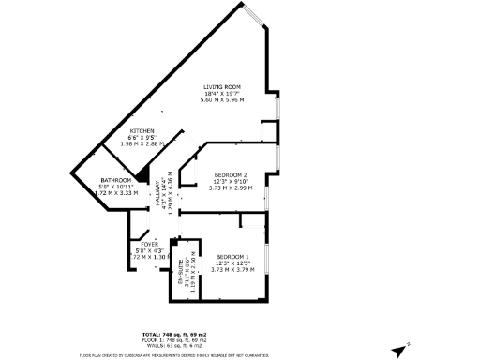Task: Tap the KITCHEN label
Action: [x=142, y=131]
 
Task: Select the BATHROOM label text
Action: [x=116, y=180]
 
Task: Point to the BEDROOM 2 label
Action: [x=230, y=175]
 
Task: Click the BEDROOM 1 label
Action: [x=232, y=256]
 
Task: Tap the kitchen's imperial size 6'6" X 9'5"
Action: [x=142, y=138]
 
